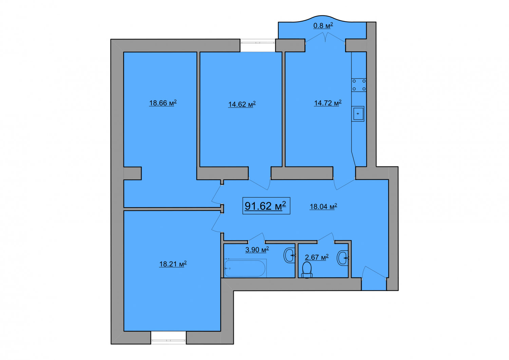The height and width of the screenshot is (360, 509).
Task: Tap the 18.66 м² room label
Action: (x=163, y=103)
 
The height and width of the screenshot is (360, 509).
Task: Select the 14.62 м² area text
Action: (x=242, y=104)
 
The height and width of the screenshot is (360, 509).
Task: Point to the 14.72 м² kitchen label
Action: (x=328, y=103)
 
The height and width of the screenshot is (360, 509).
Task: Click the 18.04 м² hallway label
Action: (x=323, y=206)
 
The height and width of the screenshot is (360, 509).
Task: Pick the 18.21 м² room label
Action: (x=173, y=264)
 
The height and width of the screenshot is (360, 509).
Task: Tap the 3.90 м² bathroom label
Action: (x=257, y=250)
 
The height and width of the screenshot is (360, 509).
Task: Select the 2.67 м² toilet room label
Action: (x=317, y=257)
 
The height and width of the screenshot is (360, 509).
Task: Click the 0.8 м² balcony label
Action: (x=323, y=26)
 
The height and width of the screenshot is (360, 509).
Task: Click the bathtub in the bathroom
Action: (x=245, y=268)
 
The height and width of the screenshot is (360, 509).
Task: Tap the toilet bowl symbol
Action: (x=307, y=270)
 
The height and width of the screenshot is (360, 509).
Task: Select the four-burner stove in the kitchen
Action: (x=359, y=85)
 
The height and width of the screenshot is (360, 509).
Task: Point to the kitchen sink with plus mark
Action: (x=358, y=114)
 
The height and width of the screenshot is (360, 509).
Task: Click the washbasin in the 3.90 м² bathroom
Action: (x=289, y=255)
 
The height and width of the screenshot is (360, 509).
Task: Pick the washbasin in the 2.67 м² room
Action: (x=342, y=258)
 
